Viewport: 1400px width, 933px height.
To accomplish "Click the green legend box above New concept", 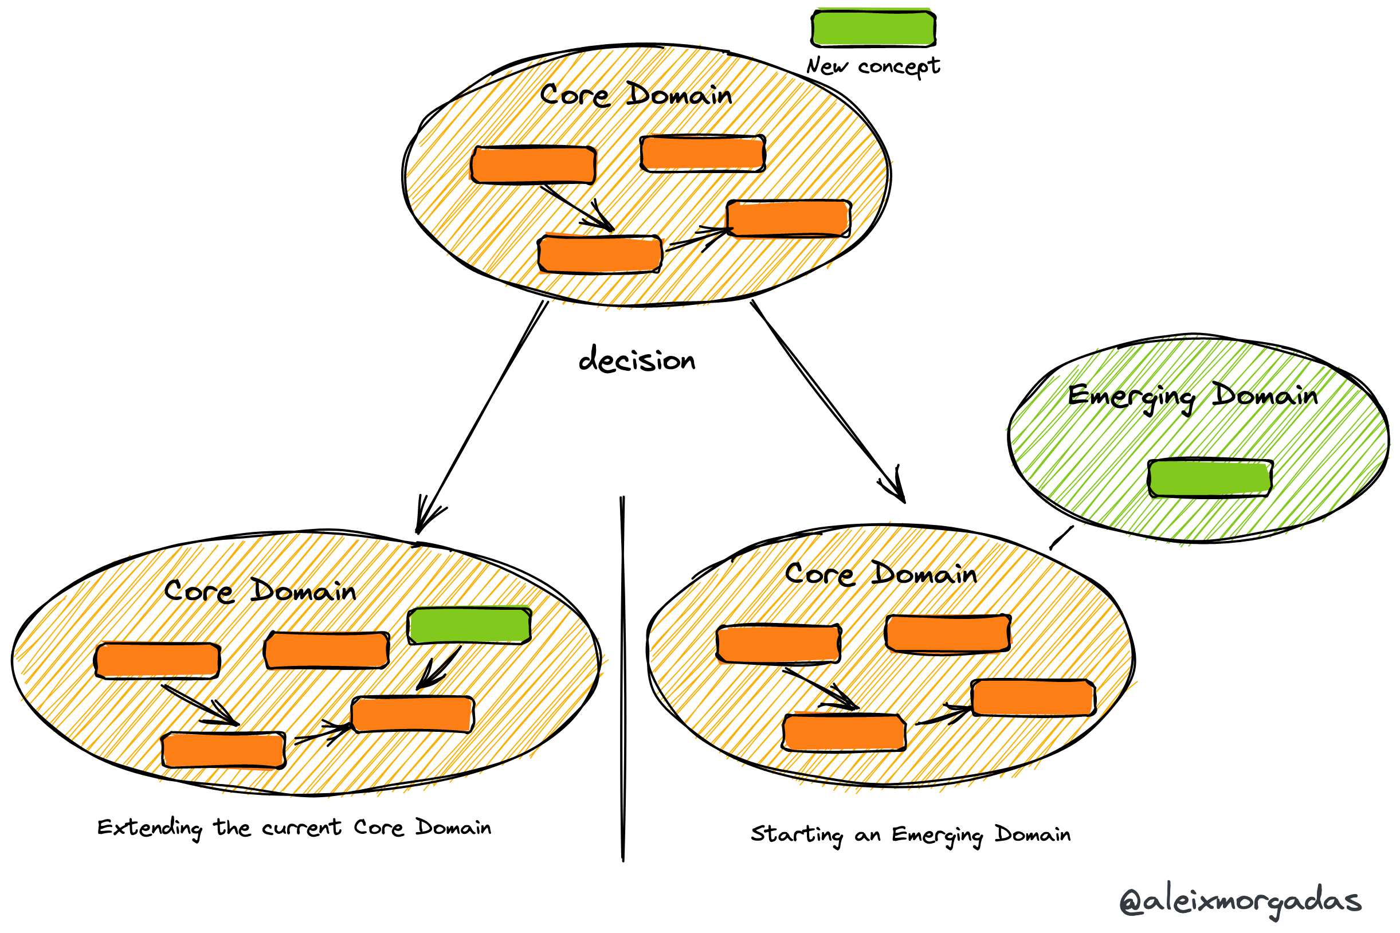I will [873, 28].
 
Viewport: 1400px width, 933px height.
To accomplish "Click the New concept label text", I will [873, 65].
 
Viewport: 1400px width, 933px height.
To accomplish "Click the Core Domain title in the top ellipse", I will [636, 95].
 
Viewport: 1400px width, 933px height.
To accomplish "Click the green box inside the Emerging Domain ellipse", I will [1210, 478].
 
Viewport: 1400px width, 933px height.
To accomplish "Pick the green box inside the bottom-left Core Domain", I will [469, 625].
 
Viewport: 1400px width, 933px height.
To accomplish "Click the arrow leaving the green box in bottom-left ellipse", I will [440, 668].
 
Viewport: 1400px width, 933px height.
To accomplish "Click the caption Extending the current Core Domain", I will [294, 828].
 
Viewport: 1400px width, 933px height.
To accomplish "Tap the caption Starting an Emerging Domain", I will [911, 835].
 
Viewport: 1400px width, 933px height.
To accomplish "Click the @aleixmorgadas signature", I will [1240, 901].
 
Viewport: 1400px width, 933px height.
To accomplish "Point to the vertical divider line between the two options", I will [622, 679].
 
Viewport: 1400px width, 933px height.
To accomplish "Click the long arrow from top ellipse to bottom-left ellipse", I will [482, 417].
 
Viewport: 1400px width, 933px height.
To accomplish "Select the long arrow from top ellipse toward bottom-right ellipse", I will [827, 402].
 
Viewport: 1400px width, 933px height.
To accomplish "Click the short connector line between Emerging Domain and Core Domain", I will [1061, 538].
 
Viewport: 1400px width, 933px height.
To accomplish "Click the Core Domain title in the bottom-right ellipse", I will [881, 574].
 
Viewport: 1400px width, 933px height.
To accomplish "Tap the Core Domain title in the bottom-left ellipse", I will [260, 591].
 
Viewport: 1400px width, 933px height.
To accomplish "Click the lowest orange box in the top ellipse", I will [600, 254].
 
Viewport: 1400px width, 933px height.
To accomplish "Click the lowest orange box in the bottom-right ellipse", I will [844, 732].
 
